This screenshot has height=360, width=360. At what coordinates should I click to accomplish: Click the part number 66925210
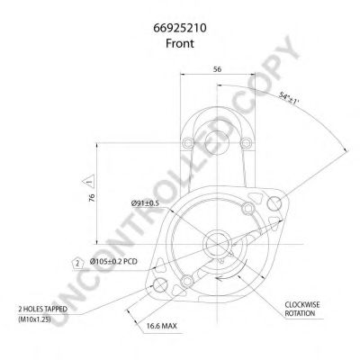point(180,28)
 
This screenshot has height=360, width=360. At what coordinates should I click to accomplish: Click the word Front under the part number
point(180,43)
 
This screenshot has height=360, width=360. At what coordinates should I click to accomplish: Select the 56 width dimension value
point(217,69)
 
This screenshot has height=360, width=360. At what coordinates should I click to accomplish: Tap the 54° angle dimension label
point(289,98)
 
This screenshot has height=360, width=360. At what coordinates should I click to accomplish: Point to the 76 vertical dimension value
point(92,197)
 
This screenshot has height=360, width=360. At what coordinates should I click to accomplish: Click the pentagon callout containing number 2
point(78,264)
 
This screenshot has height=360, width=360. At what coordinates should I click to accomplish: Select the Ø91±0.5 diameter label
point(145,203)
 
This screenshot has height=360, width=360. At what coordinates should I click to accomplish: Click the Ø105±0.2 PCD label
point(113,262)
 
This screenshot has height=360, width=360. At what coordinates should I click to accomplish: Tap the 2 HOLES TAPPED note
point(42,309)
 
